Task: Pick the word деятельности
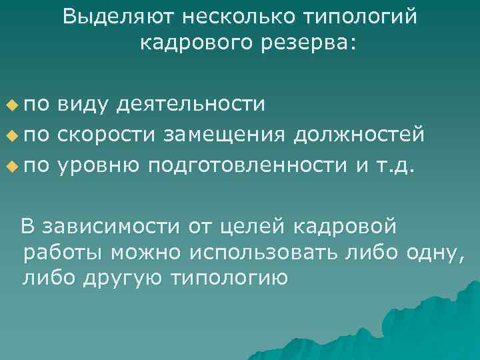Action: pyautogui.click(x=191, y=105)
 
